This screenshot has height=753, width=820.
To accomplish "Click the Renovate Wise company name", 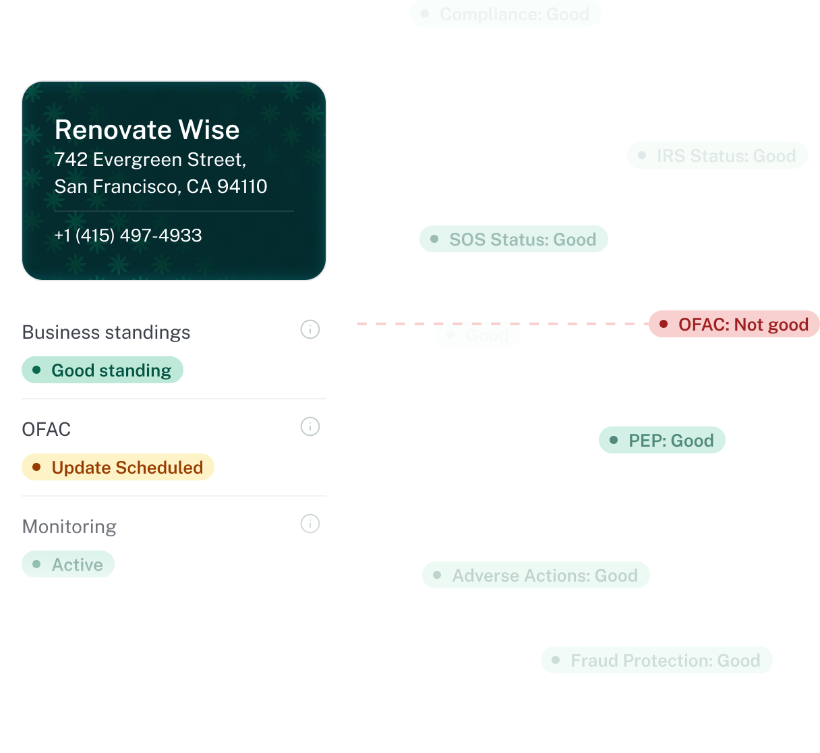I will [x=147, y=130].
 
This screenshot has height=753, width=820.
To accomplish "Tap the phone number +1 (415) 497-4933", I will [x=128, y=235].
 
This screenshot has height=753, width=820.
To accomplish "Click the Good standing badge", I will [x=102, y=370].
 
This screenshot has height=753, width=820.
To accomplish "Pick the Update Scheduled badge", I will [x=118, y=468].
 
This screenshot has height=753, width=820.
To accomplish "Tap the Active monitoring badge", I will [x=68, y=565].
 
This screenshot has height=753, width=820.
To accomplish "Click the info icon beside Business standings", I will [x=310, y=330].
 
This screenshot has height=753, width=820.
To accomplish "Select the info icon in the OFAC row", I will [x=310, y=427].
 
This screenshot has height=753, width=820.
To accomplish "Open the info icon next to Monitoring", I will [x=310, y=524].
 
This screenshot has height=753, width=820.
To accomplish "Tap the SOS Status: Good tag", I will [x=514, y=240].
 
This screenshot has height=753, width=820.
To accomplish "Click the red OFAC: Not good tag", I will [x=734, y=325].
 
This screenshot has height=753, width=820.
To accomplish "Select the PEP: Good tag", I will [x=662, y=441].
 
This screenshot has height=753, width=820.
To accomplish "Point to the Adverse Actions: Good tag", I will [x=536, y=576].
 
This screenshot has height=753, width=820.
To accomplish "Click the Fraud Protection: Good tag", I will [x=657, y=661].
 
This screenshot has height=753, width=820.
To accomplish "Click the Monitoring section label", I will [x=69, y=526].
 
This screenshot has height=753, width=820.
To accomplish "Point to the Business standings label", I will [x=107, y=332].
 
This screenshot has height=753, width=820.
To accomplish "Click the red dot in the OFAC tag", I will [x=664, y=325].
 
